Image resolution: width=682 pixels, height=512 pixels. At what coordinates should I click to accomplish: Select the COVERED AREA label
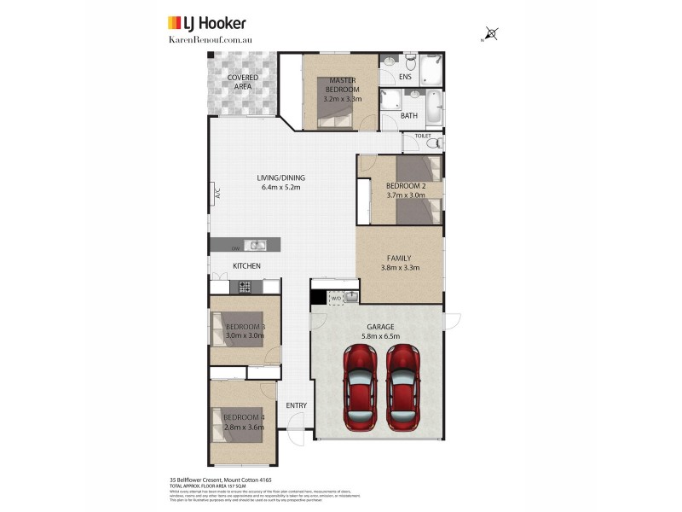(x=243, y=82)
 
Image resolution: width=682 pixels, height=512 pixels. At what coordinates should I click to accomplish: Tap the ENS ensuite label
(x=406, y=77)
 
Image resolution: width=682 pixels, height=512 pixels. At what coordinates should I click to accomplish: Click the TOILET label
(x=423, y=136)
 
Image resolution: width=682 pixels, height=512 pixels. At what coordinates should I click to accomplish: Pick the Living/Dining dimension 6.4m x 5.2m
(x=280, y=188)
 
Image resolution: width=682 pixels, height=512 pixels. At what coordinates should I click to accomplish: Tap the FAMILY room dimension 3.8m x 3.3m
(x=400, y=268)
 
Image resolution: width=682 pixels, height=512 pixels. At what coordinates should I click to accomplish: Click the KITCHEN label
(x=246, y=266)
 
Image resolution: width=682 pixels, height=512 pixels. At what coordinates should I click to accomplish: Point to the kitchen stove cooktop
(x=245, y=287)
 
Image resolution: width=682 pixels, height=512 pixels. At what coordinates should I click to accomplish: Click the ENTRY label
(x=296, y=405)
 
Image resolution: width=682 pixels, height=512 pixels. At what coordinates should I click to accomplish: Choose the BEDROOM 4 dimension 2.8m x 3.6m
(x=243, y=427)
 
